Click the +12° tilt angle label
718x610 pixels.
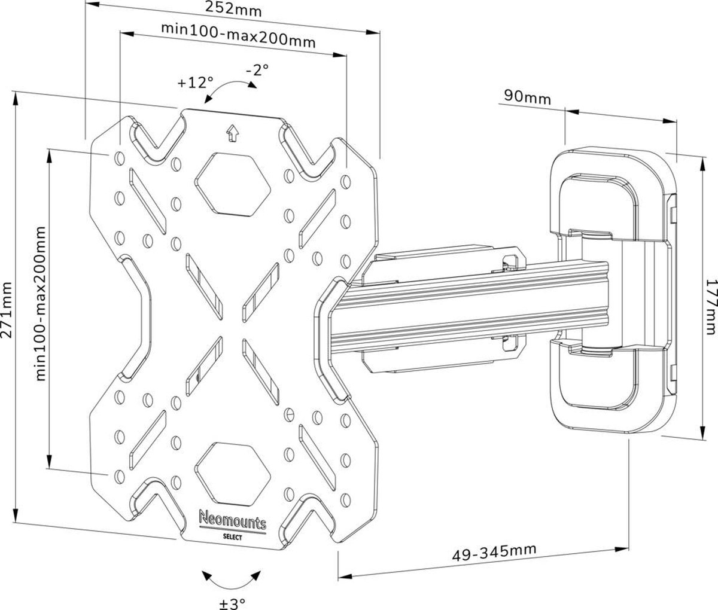(195, 82)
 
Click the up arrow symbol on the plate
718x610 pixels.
(232, 133)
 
